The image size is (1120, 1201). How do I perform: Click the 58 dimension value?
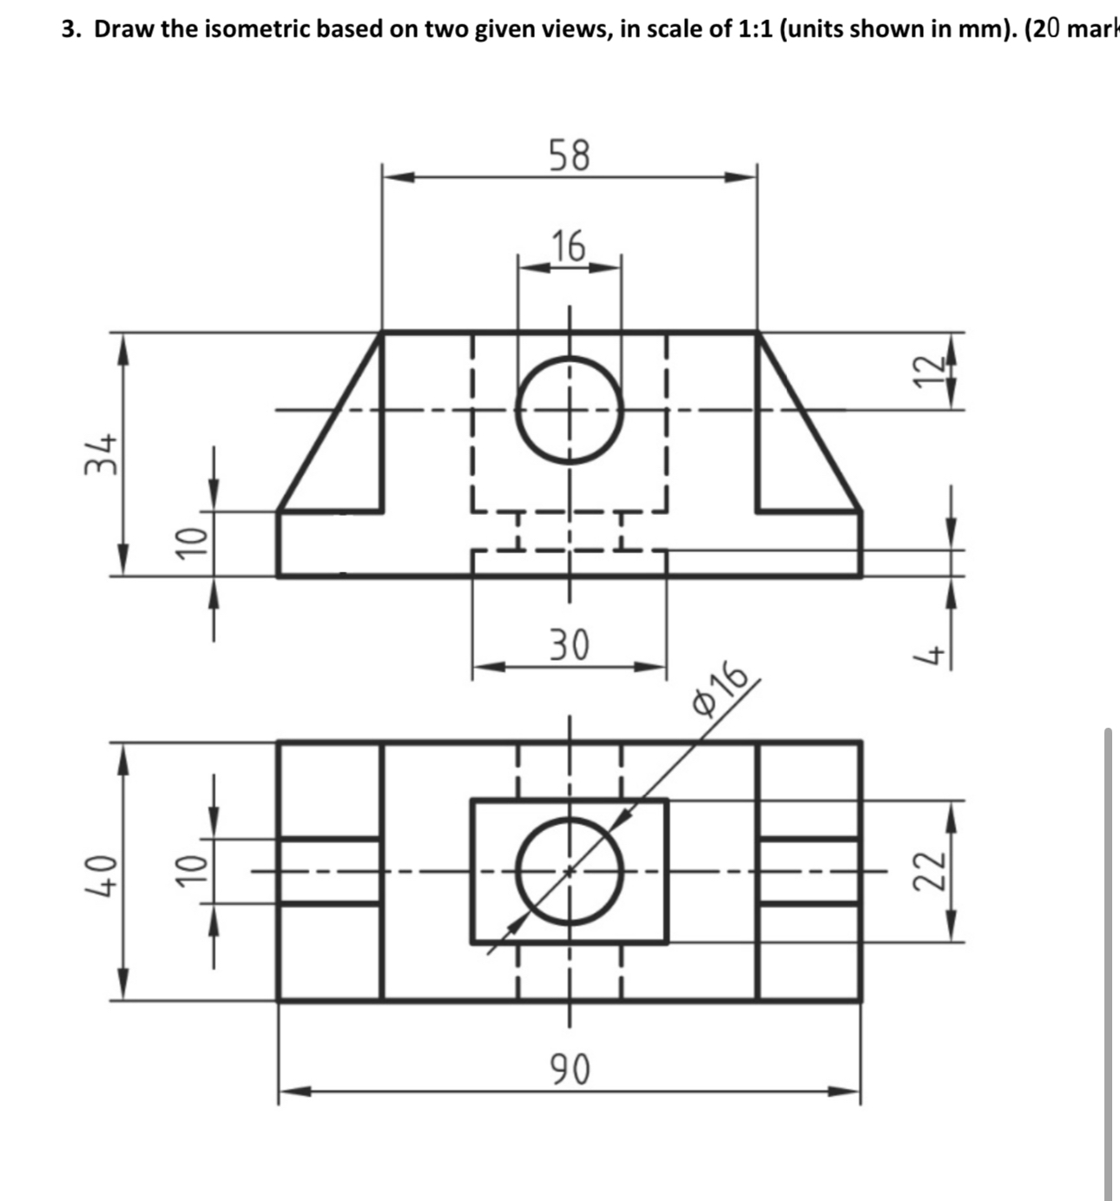570,155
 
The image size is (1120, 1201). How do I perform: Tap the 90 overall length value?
570,1069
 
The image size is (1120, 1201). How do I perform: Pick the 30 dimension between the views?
570,644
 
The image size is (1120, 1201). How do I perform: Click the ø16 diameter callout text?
720,690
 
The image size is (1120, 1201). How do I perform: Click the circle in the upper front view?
570,411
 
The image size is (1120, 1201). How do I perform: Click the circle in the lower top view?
570,871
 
